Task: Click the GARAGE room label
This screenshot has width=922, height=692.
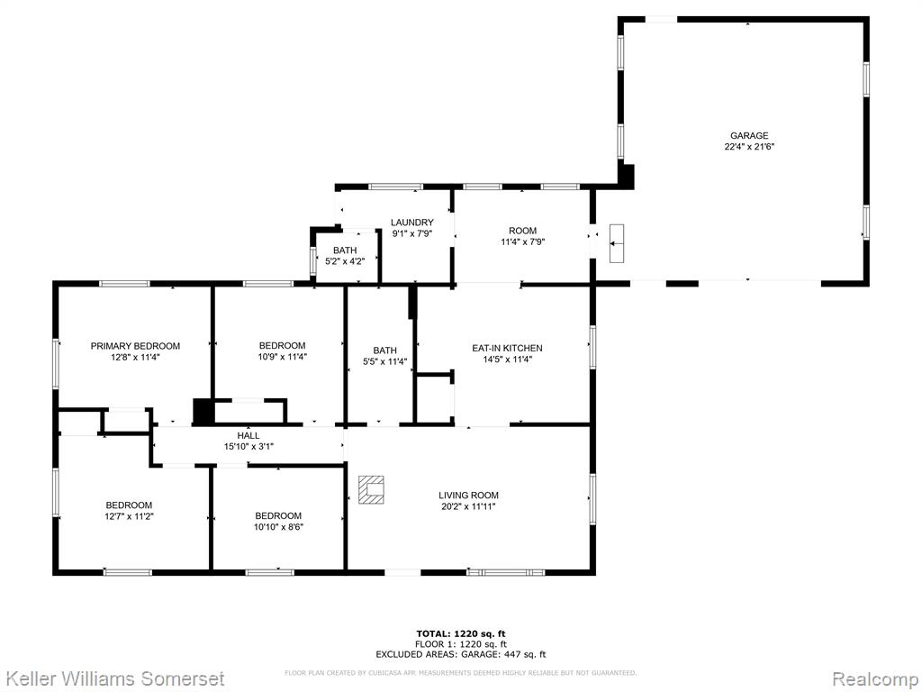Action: [x=749, y=136]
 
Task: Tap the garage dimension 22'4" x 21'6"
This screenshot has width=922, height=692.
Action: [x=749, y=147]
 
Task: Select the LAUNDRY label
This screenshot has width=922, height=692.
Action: [x=412, y=223]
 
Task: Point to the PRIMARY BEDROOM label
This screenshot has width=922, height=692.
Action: [x=135, y=346]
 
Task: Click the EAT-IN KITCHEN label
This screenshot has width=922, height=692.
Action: [x=508, y=349]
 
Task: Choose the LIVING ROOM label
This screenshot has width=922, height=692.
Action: [x=468, y=496]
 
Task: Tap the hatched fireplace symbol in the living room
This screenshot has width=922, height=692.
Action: [x=372, y=489]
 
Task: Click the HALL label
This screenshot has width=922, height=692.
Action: [x=249, y=436]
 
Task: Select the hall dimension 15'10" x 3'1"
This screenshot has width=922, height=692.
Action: [x=249, y=447]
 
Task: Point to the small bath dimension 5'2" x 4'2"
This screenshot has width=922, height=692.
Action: [x=345, y=261]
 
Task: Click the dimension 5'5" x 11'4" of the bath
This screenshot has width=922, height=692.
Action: [x=385, y=362]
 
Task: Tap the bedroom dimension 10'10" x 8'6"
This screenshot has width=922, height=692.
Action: [x=279, y=527]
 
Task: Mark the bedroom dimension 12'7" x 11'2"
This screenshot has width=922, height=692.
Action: [x=129, y=516]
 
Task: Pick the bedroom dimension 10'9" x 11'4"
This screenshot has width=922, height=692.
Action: [x=282, y=357]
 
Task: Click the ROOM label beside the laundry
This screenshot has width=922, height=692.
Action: [x=523, y=231]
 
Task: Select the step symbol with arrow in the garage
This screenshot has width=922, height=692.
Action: [x=617, y=243]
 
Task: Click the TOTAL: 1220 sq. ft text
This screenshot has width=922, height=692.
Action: [x=461, y=633]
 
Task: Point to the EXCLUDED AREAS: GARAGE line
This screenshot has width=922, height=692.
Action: [x=461, y=654]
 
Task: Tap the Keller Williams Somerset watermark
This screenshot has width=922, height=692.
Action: [x=114, y=678]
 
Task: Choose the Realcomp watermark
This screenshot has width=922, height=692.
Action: [x=875, y=678]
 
